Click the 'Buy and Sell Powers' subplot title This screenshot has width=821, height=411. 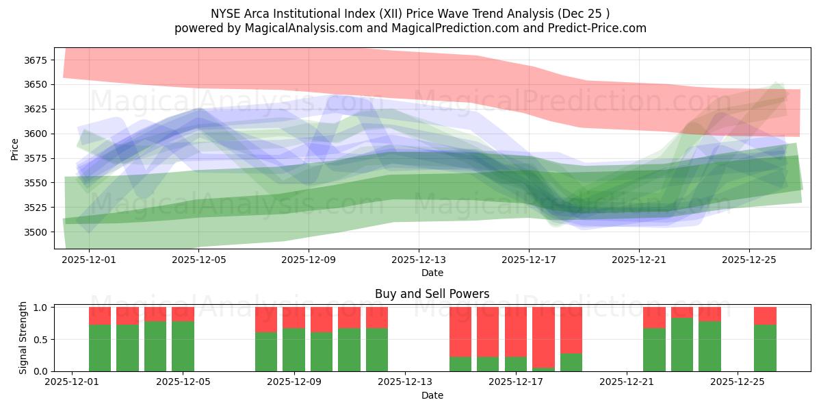(x=432, y=294)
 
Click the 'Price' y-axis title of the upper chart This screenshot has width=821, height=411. (x=14, y=149)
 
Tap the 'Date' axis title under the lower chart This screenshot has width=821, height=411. (x=432, y=395)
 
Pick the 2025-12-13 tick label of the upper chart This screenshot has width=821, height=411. (x=419, y=260)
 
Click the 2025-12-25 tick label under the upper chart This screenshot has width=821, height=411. (x=748, y=260)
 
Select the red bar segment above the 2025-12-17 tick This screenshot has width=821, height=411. (x=516, y=332)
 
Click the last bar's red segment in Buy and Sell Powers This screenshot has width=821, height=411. (x=765, y=316)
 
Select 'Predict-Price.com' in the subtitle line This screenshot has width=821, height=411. (x=601, y=28)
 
